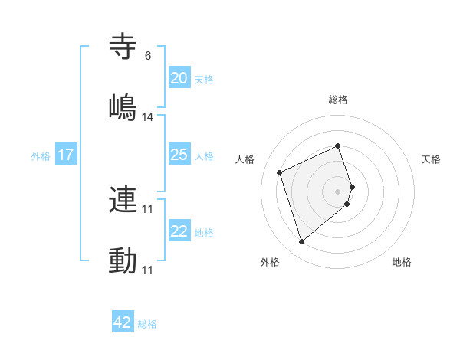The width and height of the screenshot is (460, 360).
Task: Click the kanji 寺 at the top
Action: [123, 47]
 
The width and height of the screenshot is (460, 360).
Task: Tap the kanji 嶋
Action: [123, 108]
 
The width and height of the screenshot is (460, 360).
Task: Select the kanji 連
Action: [123, 200]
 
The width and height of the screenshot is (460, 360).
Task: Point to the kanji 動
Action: [123, 261]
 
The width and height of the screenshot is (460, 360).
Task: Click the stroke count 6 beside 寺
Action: [147, 56]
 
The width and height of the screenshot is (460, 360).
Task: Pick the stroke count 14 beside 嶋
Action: [148, 117]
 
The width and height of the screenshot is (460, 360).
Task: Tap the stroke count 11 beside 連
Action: [148, 209]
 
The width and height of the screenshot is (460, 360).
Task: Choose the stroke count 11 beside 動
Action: [148, 270]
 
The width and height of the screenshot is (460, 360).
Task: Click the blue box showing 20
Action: [179, 78]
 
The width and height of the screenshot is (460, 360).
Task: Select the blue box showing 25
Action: [179, 155]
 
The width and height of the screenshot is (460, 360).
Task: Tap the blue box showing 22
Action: [179, 231]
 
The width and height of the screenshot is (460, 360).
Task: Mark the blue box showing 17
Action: [66, 155]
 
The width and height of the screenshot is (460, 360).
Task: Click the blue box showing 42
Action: [123, 322]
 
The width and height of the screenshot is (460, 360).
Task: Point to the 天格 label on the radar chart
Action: [431, 159]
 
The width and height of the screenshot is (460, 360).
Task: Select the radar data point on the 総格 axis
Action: [338, 146]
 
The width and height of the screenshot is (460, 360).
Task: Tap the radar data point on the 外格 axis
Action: [301, 242]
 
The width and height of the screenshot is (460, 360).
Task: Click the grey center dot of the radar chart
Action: [338, 191]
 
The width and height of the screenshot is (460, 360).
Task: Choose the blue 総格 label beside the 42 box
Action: [147, 324]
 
